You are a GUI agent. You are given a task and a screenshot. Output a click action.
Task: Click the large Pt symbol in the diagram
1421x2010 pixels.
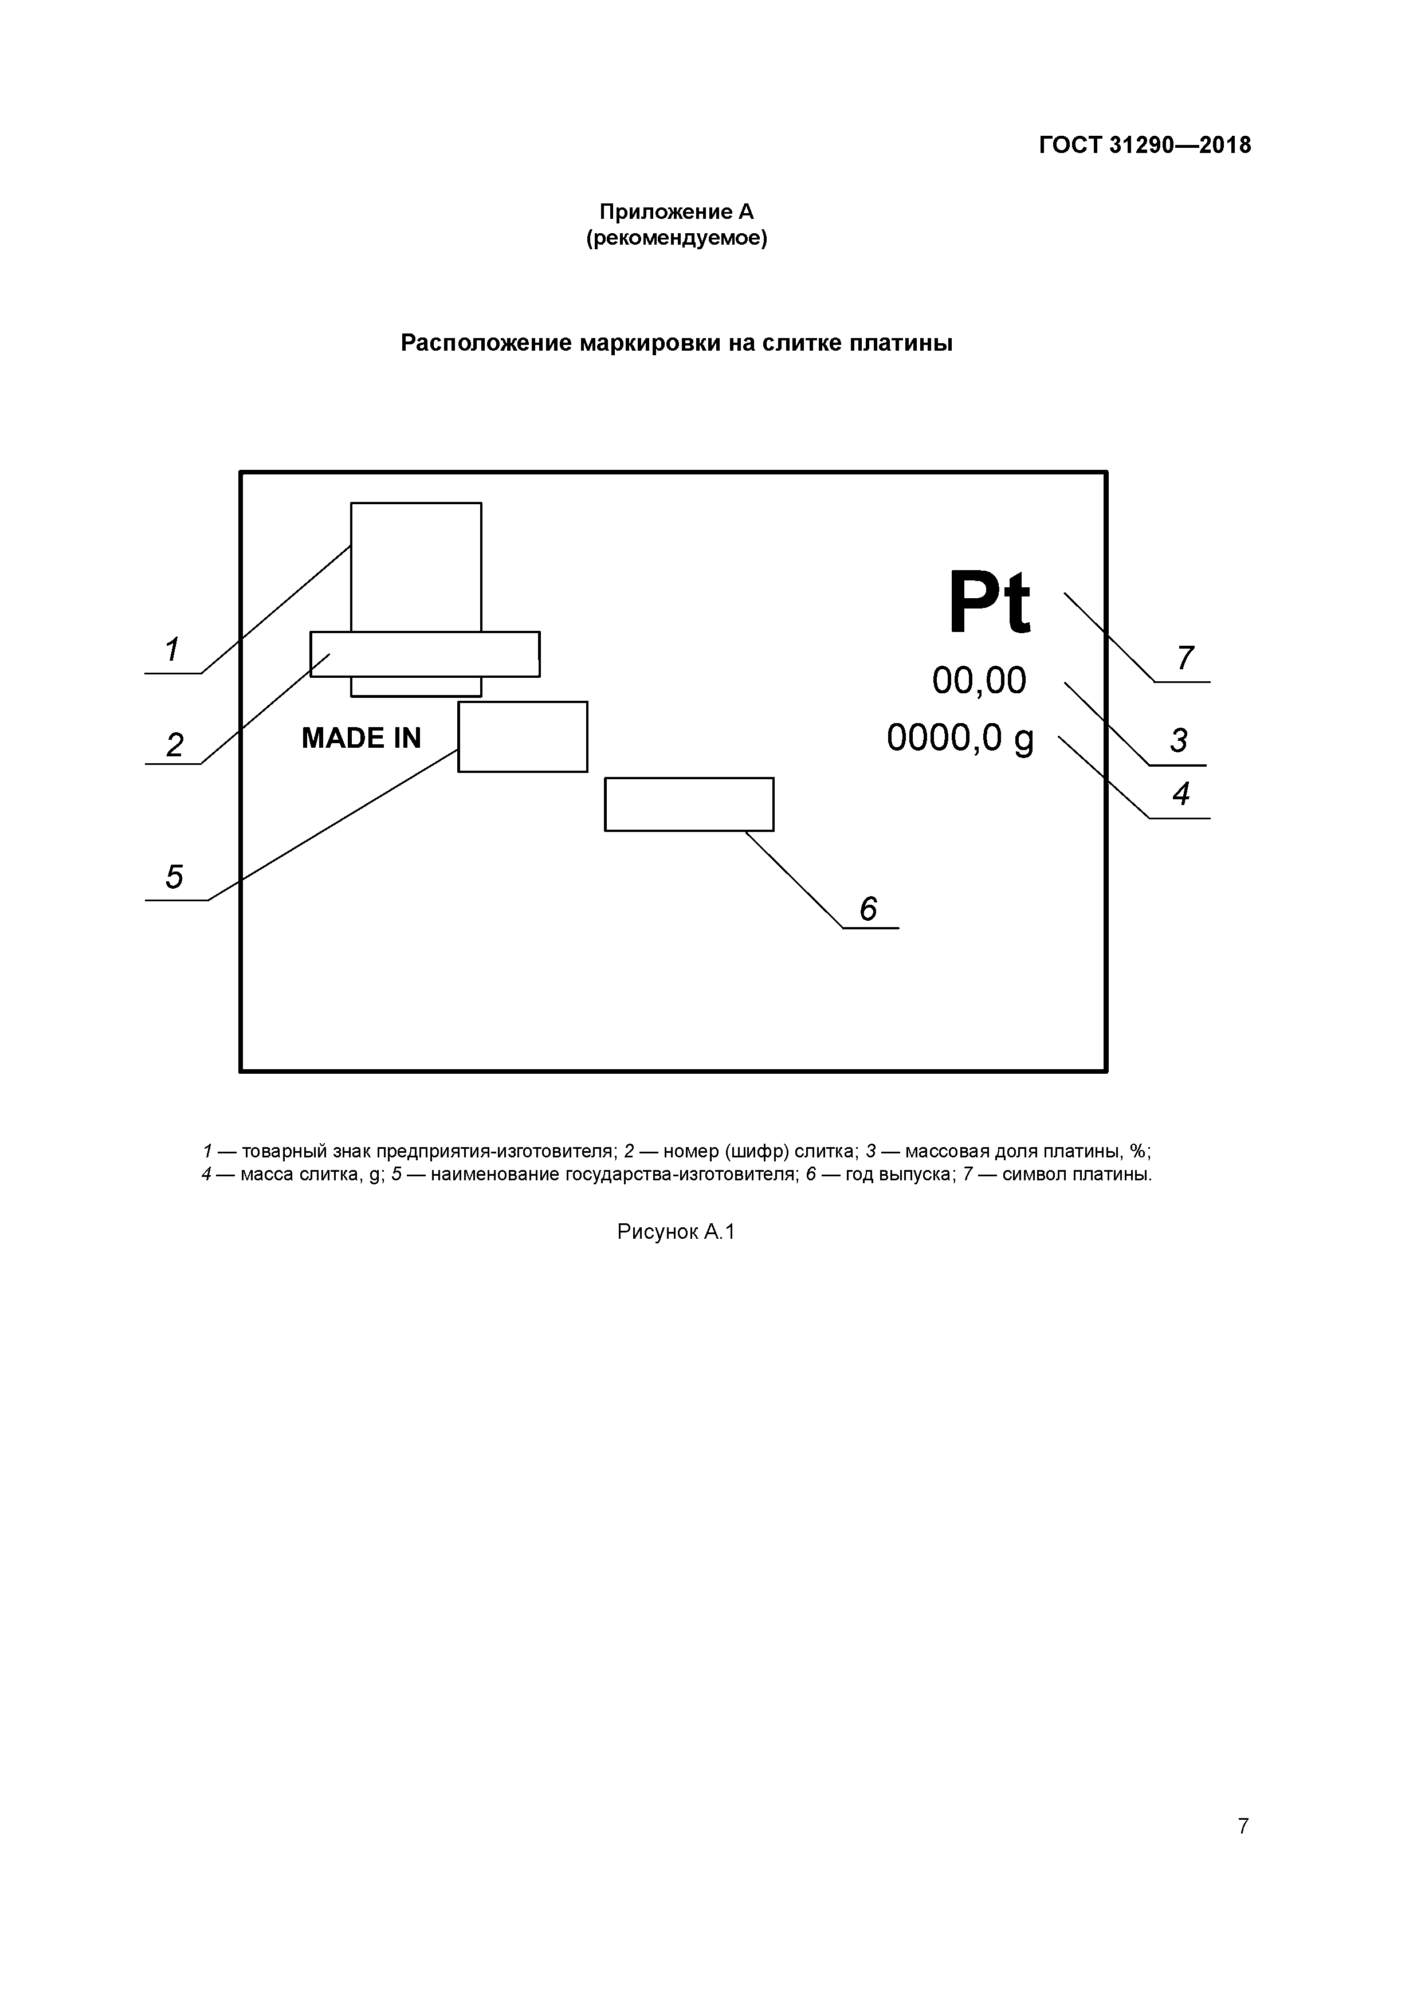[990, 603]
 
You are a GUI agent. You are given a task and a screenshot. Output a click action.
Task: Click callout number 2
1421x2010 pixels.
[174, 745]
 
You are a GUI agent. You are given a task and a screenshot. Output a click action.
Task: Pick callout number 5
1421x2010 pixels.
[174, 876]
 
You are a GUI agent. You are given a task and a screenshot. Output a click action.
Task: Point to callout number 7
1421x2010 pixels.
[1184, 657]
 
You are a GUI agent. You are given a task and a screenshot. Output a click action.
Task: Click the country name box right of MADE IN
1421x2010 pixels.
[523, 737]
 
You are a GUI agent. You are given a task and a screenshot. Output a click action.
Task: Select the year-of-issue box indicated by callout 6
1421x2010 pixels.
[689, 804]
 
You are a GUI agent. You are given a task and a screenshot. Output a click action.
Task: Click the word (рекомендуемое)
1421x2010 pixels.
[676, 238]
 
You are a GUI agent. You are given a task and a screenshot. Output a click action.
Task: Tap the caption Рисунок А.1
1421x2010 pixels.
[676, 1232]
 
